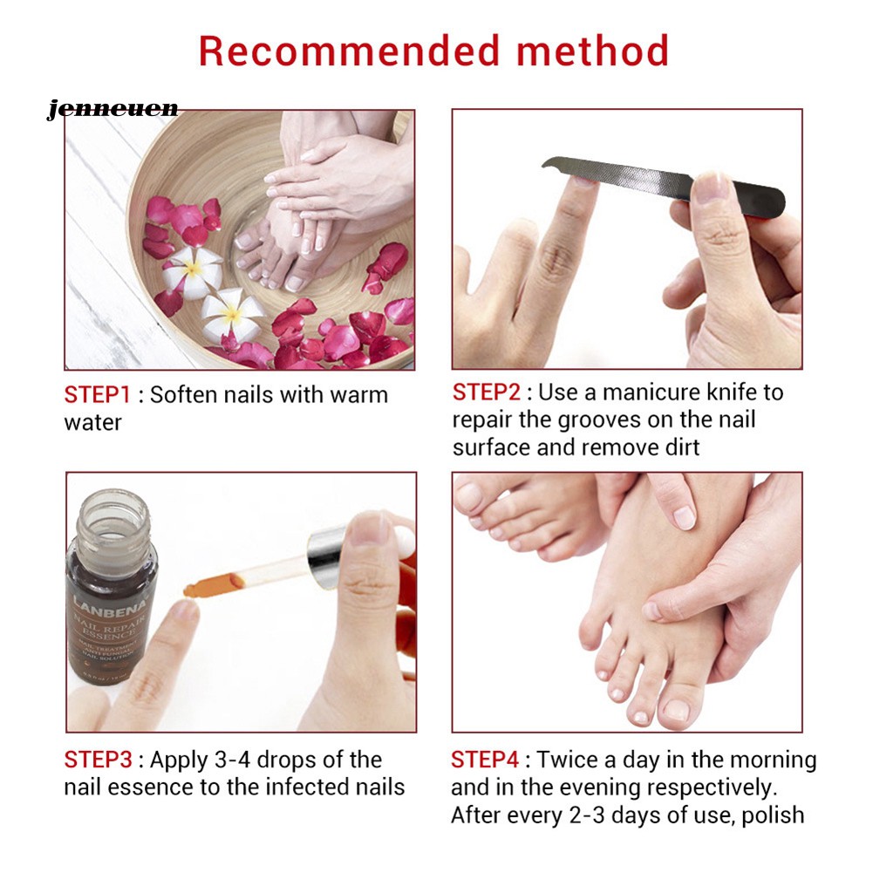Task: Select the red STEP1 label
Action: pos(97,394)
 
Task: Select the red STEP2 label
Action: pos(485,392)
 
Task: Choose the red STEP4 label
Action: pos(485,760)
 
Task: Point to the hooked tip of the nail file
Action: pos(549,163)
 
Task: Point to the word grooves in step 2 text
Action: pos(593,419)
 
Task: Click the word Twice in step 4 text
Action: pos(574,760)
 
